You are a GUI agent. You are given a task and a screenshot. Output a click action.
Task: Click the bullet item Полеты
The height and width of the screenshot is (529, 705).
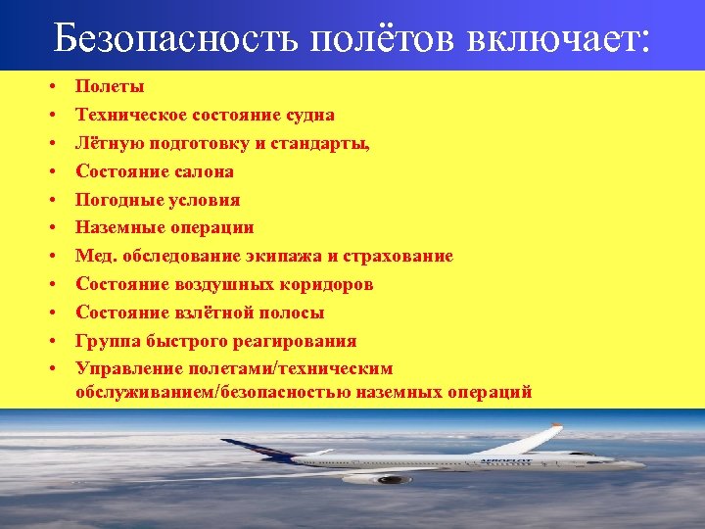coord(110,86)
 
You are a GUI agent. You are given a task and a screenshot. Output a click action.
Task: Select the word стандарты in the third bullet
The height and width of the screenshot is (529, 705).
coord(324,143)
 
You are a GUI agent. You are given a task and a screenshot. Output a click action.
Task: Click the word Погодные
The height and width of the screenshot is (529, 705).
coord(115,200)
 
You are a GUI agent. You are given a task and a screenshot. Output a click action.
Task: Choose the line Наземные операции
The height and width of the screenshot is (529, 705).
coord(164,227)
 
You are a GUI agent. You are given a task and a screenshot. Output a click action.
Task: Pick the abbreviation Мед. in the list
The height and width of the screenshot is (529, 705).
coord(95,256)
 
